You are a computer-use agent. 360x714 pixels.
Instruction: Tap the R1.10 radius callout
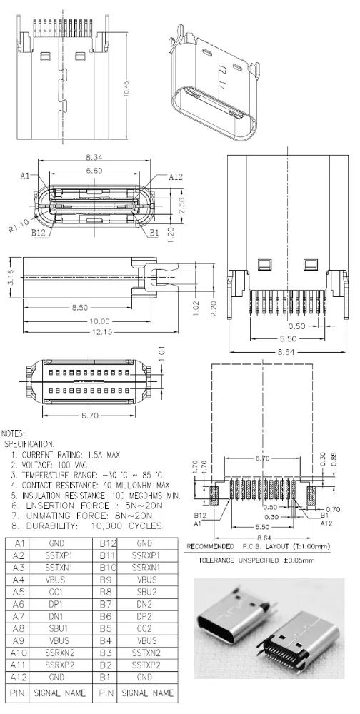click(x=19, y=227)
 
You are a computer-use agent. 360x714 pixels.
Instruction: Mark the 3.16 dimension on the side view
click(x=10, y=276)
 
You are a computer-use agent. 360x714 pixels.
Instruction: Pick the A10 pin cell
click(x=20, y=653)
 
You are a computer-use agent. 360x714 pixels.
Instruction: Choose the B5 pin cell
click(x=104, y=629)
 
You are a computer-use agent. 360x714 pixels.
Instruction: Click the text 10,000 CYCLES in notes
click(x=125, y=526)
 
